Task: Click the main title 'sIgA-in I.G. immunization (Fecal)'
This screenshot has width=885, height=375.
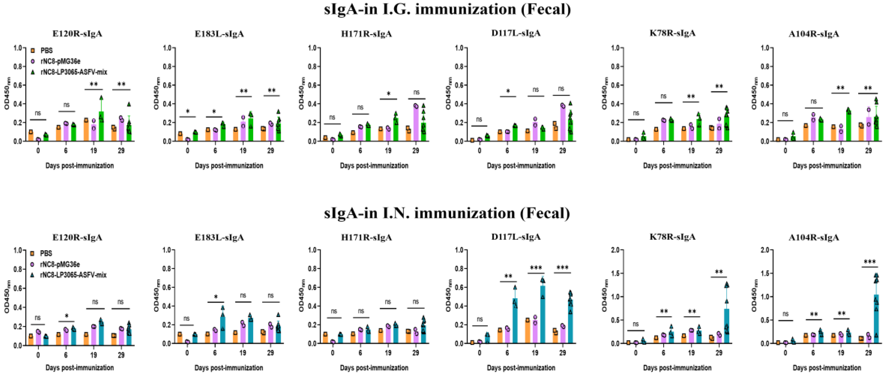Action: coord(447,9)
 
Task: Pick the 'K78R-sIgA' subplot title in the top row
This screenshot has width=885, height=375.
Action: coord(672,33)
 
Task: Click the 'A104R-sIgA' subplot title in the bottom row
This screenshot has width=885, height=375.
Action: coord(813,237)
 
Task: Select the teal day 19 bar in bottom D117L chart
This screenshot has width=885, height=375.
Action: coord(543,314)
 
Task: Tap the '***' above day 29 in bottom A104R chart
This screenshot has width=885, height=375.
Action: coord(869,262)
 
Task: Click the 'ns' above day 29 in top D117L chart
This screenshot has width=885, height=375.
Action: coord(561,89)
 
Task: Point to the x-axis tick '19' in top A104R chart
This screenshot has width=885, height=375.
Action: coord(841,150)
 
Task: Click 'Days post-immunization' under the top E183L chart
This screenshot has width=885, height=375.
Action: coord(229,166)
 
